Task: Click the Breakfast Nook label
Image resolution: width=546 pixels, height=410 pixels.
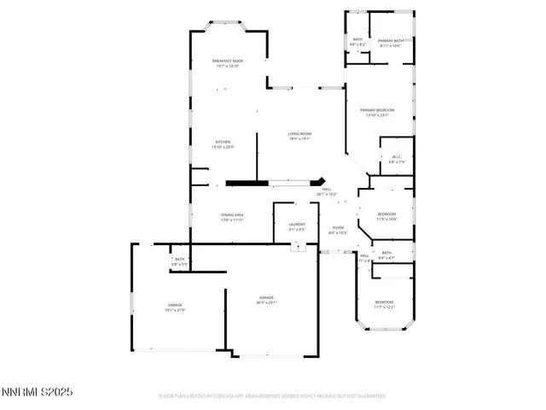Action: coord(228,63)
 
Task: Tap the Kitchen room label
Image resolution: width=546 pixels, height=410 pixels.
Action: coord(222,144)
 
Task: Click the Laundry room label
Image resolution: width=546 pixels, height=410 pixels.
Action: coord(296,226)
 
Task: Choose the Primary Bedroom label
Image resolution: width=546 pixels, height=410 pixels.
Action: coord(376,112)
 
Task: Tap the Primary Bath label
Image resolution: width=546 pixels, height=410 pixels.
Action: coord(391,43)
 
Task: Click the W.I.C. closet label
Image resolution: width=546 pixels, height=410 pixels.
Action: coord(397,159)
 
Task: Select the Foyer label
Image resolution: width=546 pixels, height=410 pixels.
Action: coord(338,230)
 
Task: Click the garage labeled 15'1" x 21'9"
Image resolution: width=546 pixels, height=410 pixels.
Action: coord(175,307)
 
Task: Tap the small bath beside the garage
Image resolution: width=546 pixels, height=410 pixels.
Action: coord(178,262)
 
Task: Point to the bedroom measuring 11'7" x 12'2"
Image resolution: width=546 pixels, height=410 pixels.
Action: coord(384,304)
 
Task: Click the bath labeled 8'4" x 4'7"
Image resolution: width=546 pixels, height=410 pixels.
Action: coord(386,255)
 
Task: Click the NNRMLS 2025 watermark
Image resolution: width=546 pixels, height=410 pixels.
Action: coord(37,392)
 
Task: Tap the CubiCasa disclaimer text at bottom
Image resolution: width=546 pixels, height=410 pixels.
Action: coord(272,396)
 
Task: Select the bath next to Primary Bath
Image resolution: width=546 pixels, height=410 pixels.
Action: coord(357,41)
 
